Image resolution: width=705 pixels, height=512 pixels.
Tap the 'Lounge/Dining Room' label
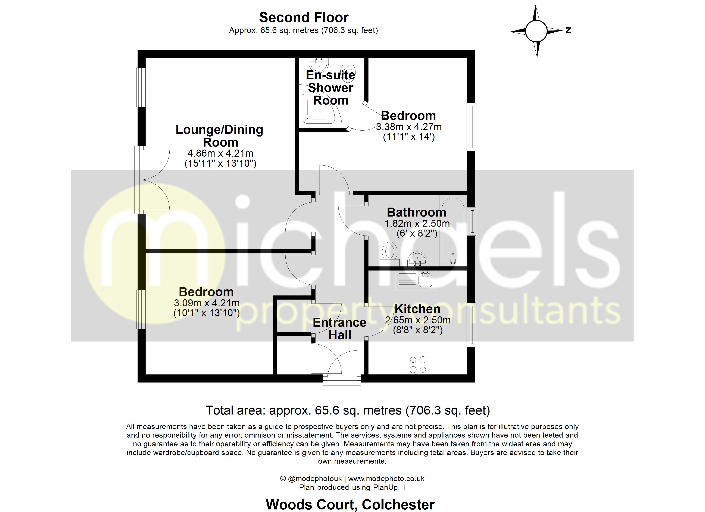pos(219,136)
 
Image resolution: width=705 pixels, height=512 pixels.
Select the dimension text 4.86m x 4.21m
pos(220,153)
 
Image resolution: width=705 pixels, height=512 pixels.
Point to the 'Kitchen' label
pos(417,309)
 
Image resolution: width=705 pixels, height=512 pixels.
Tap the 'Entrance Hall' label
pos(339,329)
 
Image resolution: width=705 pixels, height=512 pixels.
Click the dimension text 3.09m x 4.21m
pos(207,303)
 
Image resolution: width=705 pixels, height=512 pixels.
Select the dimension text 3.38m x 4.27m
pos(408,127)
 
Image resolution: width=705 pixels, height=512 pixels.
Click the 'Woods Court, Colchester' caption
pos(350,505)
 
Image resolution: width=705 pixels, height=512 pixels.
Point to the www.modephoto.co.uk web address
pos(386,479)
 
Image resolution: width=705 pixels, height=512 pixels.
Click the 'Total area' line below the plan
pos(348,410)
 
